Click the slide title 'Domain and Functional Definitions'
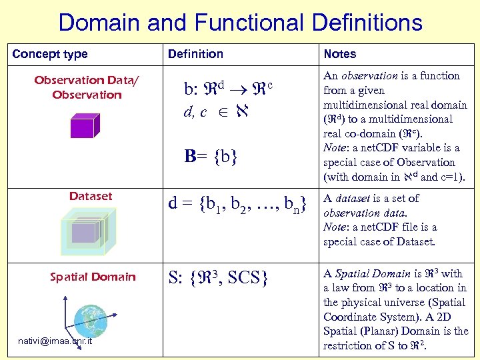click(x=240, y=23)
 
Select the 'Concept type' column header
click(x=50, y=54)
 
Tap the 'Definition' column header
click(x=195, y=54)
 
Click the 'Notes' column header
click(x=339, y=54)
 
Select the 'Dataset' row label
click(x=91, y=196)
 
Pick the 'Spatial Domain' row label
click(x=93, y=277)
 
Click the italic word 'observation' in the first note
click(x=370, y=76)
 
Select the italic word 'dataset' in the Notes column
click(x=353, y=198)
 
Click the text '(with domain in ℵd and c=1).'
click(x=393, y=177)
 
